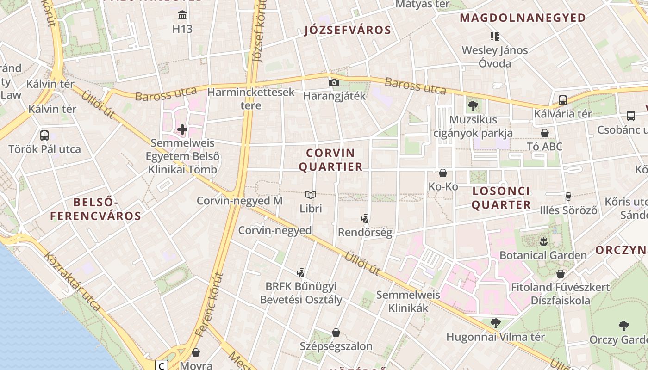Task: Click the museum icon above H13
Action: pyautogui.click(x=182, y=15)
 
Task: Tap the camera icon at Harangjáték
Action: pyautogui.click(x=334, y=83)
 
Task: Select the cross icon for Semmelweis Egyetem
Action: pyautogui.click(x=182, y=129)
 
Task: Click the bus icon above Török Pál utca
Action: pyautogui.click(x=44, y=136)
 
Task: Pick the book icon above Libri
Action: pyautogui.click(x=311, y=195)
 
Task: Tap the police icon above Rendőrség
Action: pyautogui.click(x=365, y=219)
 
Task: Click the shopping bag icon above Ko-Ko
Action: pyautogui.click(x=443, y=173)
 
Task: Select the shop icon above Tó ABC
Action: pyautogui.click(x=545, y=133)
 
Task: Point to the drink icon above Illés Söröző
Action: pyautogui.click(x=568, y=197)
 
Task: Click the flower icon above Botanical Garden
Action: pyautogui.click(x=543, y=241)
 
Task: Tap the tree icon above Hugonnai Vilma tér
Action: pyautogui.click(x=495, y=323)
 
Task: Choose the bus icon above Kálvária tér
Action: pyautogui.click(x=563, y=100)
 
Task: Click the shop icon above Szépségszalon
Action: pyautogui.click(x=336, y=333)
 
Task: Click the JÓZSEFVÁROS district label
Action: pyautogui.click(x=348, y=31)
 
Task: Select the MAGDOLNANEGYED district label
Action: pyautogui.click(x=523, y=18)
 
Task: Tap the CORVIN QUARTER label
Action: pyautogui.click(x=330, y=160)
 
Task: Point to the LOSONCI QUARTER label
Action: pyautogui.click(x=501, y=198)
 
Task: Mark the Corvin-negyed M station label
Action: pyautogui.click(x=239, y=201)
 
